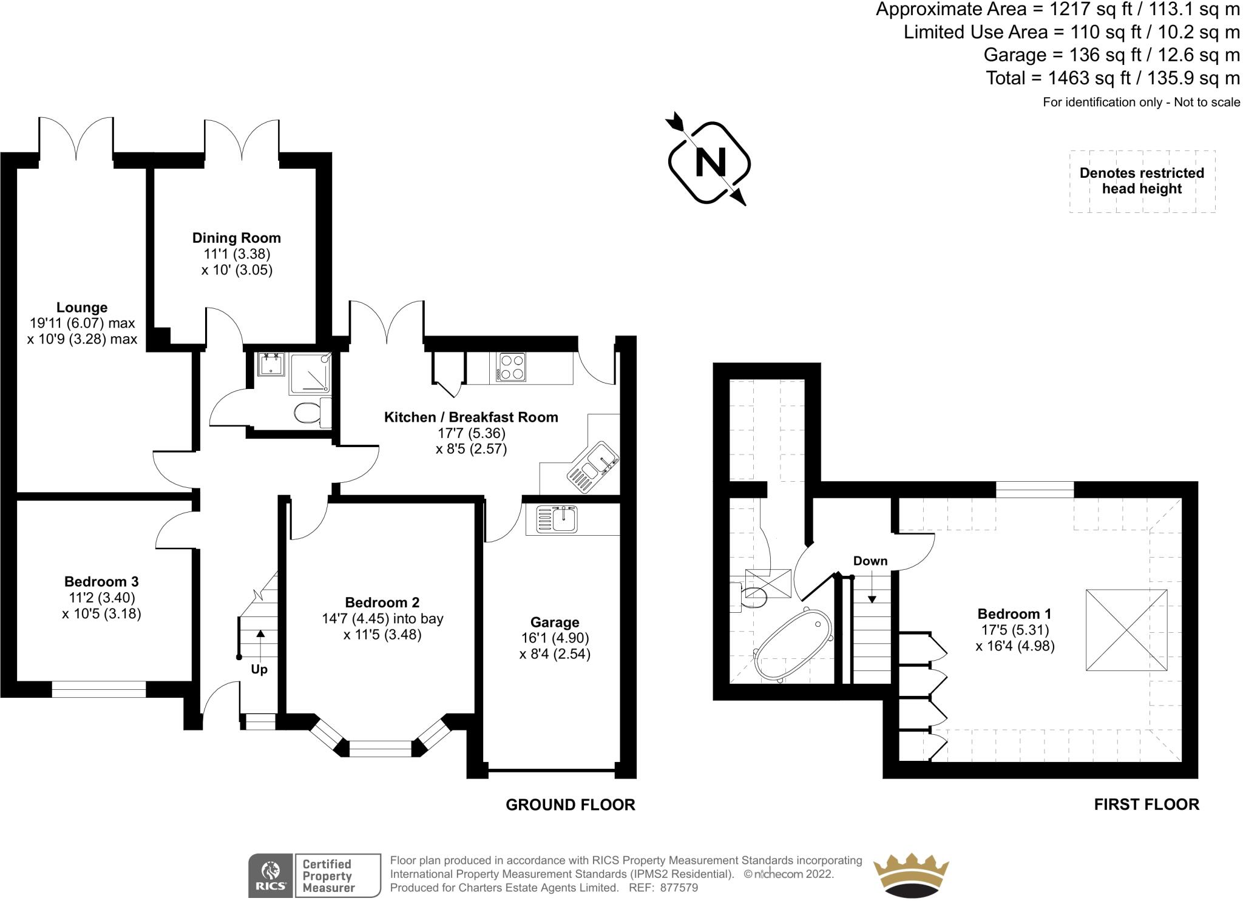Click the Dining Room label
point(237,238)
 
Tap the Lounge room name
point(82,308)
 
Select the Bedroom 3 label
point(101,582)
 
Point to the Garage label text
point(555,623)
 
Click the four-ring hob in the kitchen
point(511,367)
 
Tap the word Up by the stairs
point(259,670)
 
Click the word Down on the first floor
point(870,561)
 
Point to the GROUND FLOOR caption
point(571,805)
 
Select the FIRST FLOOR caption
point(1146,805)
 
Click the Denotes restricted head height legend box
point(1142,181)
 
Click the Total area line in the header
point(1113,78)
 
